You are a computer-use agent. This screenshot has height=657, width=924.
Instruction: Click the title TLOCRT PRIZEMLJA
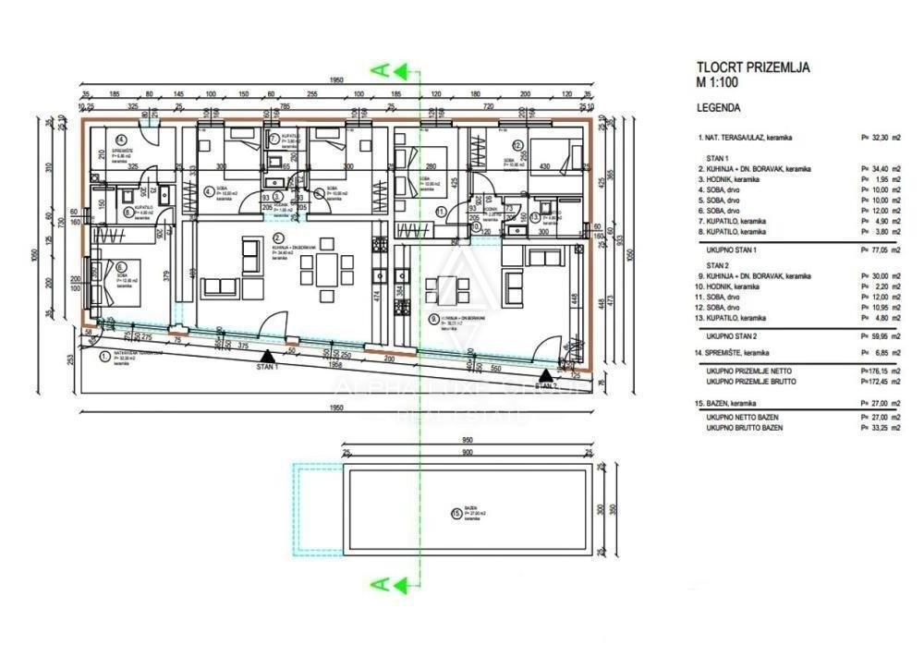[x=752, y=67]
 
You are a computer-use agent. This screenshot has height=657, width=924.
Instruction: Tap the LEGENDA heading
[x=718, y=107]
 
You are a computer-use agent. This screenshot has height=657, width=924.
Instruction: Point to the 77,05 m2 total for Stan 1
[x=881, y=249]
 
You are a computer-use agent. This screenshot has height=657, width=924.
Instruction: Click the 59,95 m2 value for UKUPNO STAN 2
[x=881, y=336]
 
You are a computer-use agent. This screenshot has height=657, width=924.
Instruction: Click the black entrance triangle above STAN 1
[x=266, y=354]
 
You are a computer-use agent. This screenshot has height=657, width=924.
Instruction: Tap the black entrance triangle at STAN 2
[x=546, y=375]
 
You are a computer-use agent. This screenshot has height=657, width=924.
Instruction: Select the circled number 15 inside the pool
[x=455, y=513]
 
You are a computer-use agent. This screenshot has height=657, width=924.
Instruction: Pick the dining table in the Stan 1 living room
[x=325, y=271]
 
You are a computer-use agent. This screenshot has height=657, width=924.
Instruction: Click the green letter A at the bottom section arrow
[x=377, y=583]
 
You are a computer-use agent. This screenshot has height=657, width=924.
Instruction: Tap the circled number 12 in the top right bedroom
[x=518, y=144]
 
